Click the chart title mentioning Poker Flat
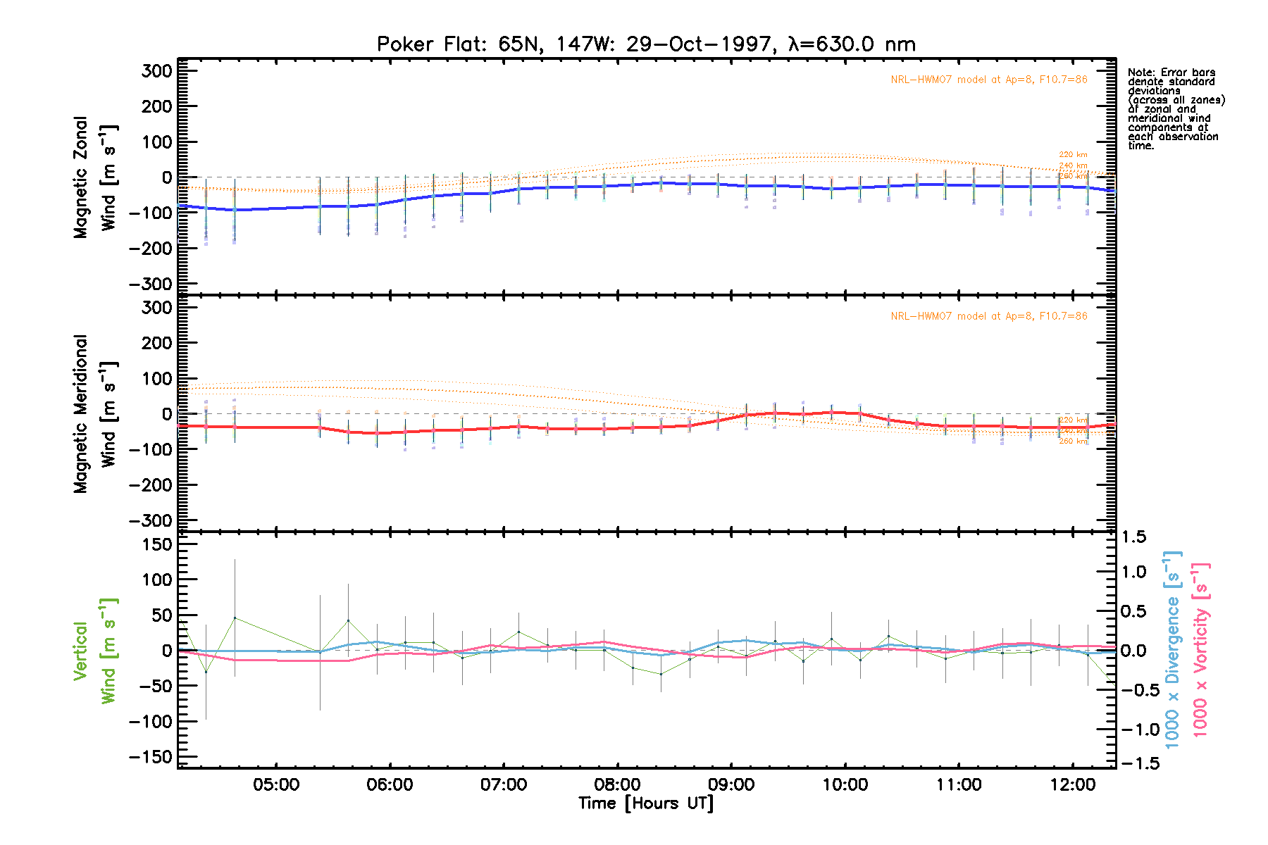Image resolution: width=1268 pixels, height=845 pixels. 646,44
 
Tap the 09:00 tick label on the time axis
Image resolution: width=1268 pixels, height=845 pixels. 731,784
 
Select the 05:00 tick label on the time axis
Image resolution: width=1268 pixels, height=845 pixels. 276,784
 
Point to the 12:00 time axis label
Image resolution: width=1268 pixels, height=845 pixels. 1073,784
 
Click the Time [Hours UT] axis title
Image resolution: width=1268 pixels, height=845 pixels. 646,803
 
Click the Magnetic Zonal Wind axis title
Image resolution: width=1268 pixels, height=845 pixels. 95,177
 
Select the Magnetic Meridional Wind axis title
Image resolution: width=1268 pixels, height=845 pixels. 95,414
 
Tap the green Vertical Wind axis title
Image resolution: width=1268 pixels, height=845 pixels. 95,651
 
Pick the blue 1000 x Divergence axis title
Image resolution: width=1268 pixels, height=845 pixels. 1172,649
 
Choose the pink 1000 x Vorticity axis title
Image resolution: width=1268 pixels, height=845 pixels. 1200,649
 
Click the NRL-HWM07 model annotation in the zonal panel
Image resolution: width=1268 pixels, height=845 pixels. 988,80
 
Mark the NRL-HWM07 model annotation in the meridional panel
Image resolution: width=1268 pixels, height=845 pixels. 988,316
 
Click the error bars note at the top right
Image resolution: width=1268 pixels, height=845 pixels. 1175,108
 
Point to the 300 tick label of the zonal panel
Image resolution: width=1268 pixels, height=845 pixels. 156,71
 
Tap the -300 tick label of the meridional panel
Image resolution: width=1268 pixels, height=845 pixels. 151,520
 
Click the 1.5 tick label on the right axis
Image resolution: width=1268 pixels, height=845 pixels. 1133,537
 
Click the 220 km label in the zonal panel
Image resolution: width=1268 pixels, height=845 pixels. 1073,155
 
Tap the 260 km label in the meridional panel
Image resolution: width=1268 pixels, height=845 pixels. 1073,442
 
